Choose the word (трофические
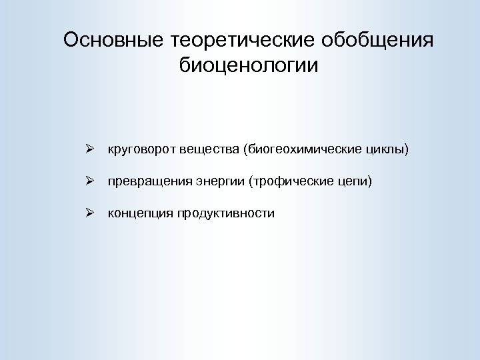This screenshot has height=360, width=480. pos(287,181)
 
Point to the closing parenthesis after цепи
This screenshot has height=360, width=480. pos(365,181)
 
